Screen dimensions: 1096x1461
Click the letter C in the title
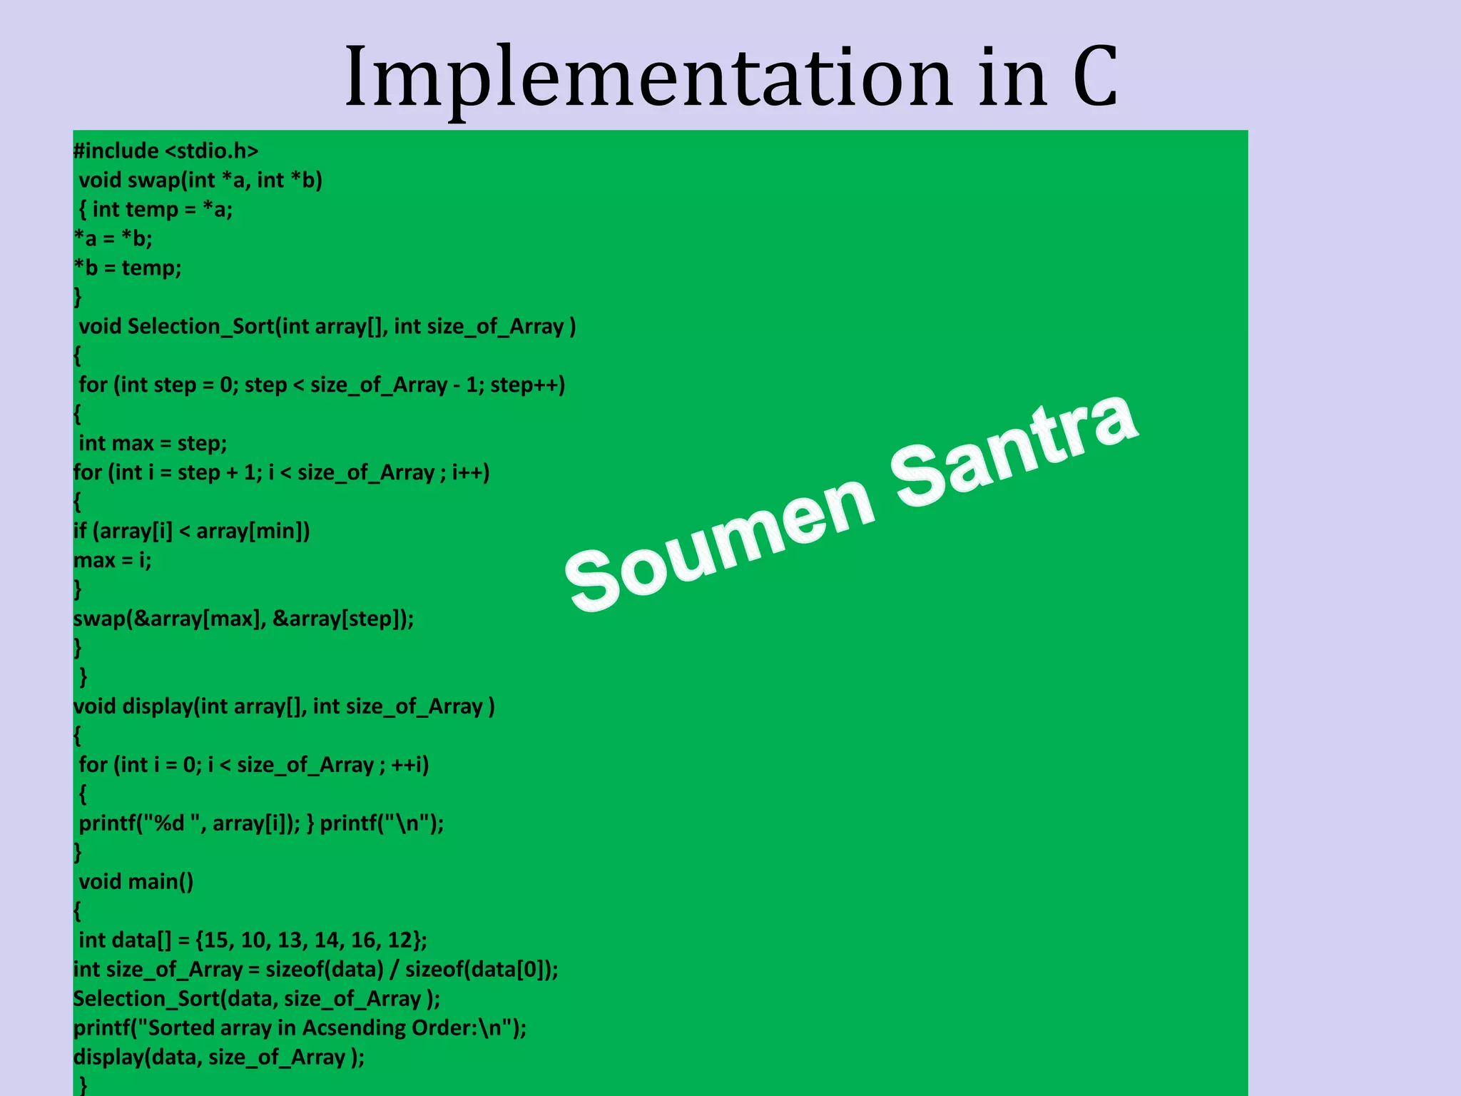tap(1094, 77)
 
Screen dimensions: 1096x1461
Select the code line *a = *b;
tap(113, 238)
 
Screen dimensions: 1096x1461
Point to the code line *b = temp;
tap(128, 268)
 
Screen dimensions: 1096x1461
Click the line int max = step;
tap(153, 443)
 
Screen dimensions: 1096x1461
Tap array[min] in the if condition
tap(253, 531)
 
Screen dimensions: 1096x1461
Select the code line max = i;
tap(113, 560)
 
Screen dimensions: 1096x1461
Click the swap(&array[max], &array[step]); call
tap(243, 618)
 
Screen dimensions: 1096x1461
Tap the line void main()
tap(136, 882)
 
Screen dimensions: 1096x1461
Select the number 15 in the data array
tap(218, 940)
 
